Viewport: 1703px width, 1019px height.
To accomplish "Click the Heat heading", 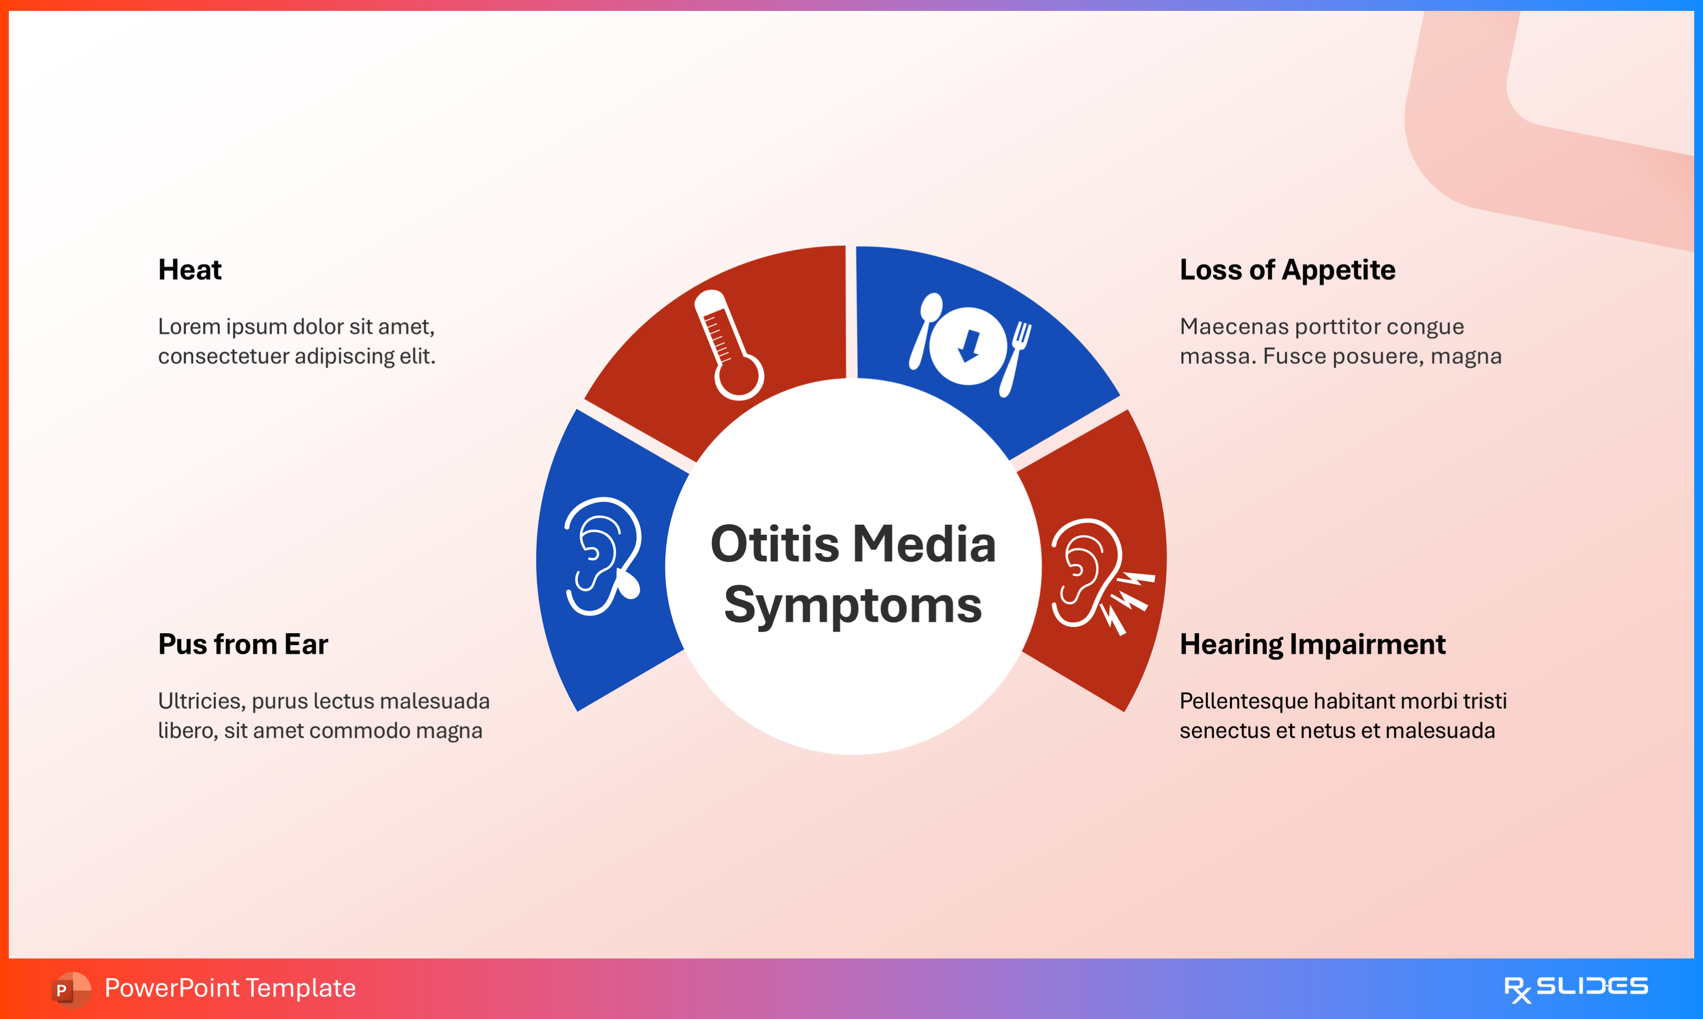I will pyautogui.click(x=189, y=270).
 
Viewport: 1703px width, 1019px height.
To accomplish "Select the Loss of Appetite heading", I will pyautogui.click(x=1287, y=270).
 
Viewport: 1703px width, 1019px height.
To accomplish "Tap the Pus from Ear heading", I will pyautogui.click(x=243, y=644).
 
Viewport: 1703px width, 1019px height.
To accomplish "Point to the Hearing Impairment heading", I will pyautogui.click(x=1312, y=644).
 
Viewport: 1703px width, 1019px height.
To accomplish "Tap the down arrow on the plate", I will pyautogui.click(x=969, y=345).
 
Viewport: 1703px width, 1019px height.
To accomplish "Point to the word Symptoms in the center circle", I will pyautogui.click(x=853, y=605).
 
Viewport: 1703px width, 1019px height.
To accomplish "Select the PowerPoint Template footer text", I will pyautogui.click(x=230, y=988).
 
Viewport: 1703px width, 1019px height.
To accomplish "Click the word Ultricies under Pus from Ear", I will pyautogui.click(x=201, y=701).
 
